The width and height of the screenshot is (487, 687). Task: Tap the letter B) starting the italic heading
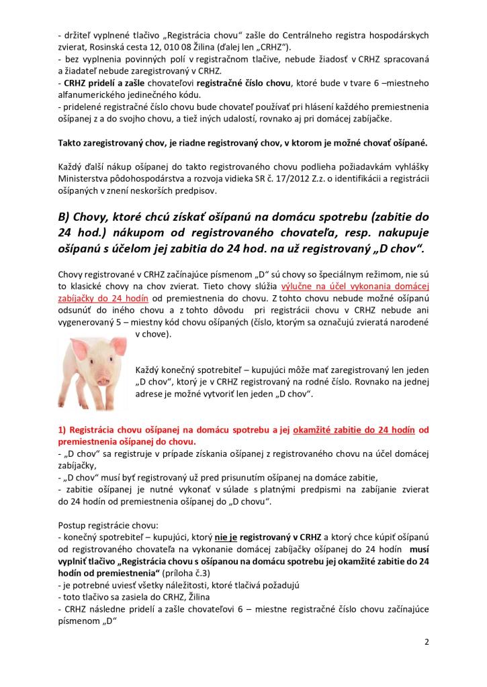coord(67,217)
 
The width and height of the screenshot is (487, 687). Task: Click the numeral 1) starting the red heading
coord(64,430)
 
